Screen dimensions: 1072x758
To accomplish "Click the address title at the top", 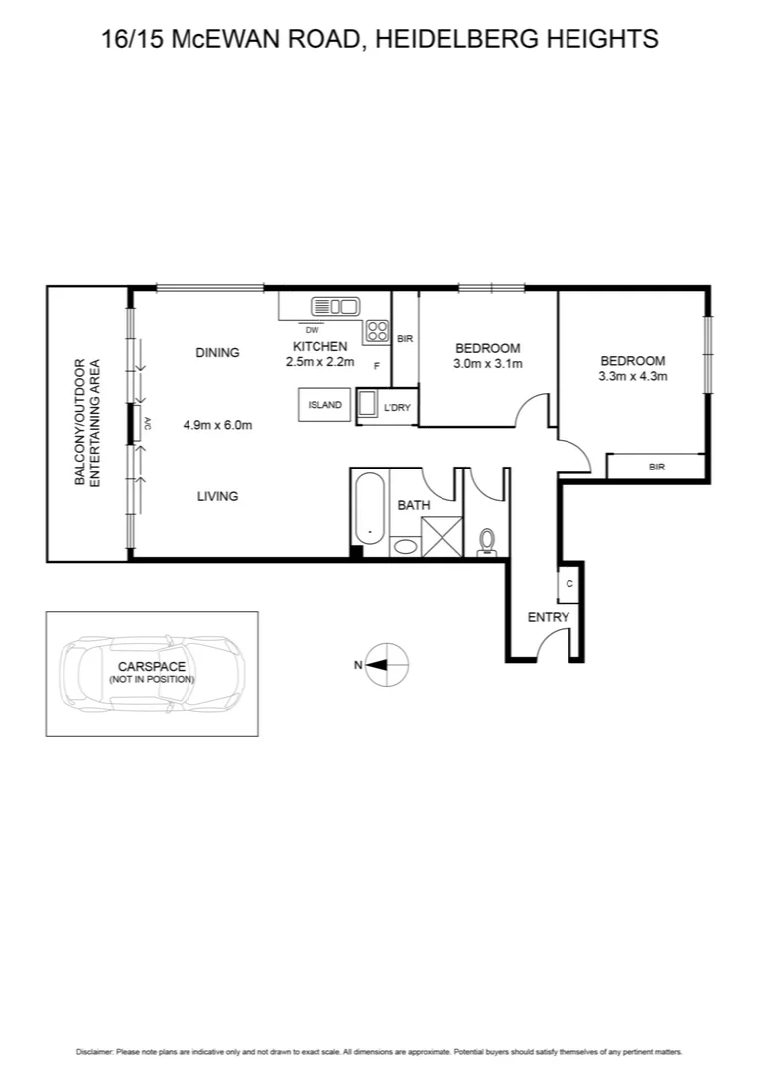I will [380, 39].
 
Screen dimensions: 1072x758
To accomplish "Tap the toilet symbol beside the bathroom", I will [486, 539].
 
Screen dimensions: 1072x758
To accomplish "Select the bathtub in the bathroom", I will [369, 511].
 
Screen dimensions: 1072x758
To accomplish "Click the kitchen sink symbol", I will [334, 306].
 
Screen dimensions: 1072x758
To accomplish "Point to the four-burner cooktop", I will [376, 331].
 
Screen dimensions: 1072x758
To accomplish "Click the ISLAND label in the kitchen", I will [324, 405].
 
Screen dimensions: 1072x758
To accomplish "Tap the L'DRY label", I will [396, 407].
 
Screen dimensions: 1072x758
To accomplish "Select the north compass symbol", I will [386, 665].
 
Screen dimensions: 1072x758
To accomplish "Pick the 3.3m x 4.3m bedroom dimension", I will [632, 376].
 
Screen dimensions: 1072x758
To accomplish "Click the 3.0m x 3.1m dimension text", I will [487, 363].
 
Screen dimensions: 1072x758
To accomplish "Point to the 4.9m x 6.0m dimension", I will [217, 425].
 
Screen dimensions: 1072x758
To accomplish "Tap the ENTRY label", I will [548, 617].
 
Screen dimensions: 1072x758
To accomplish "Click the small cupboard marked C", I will [569, 584].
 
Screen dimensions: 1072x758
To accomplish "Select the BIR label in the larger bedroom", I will [656, 467].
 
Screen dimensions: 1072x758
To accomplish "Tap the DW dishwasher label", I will [312, 330].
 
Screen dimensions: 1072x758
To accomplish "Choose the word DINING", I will [217, 352].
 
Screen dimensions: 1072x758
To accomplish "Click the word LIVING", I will [217, 496].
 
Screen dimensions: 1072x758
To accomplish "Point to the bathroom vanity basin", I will [404, 545].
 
